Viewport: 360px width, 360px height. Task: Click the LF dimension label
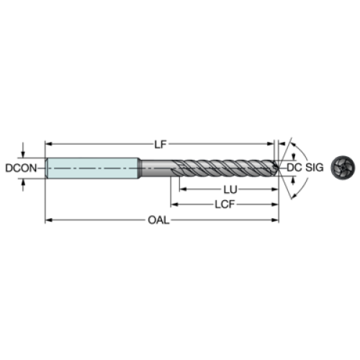[160, 144]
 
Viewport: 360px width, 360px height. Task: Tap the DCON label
[21, 168]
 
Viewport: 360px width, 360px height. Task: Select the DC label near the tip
[294, 168]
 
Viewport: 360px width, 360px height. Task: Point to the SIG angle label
[315, 168]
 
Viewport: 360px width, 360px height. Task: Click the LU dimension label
[230, 189]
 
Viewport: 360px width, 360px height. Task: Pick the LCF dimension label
[225, 204]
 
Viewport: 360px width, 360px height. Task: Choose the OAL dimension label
[158, 220]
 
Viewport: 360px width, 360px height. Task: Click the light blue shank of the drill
[93, 168]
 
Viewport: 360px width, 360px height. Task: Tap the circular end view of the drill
[343, 168]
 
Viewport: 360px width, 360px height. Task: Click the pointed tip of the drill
[279, 167]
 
